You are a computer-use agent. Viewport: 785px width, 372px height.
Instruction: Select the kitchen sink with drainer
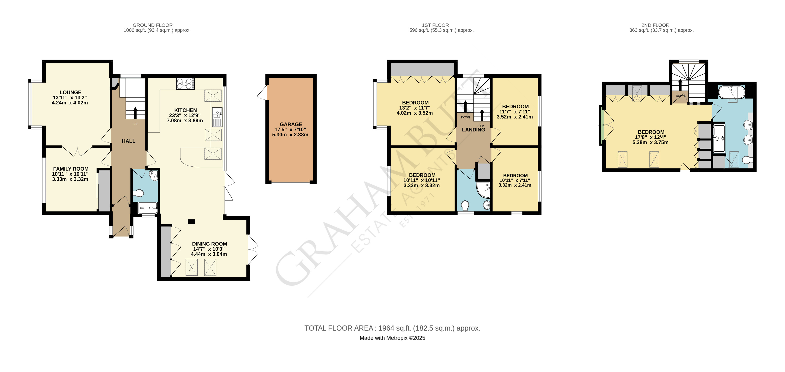[x=217, y=117]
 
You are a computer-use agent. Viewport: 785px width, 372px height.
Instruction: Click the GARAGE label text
[x=291, y=124]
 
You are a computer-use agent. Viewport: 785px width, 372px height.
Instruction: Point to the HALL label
[x=128, y=141]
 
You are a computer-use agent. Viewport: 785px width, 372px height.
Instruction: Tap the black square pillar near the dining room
[x=191, y=222]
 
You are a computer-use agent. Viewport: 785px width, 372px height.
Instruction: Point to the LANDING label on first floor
[x=473, y=130]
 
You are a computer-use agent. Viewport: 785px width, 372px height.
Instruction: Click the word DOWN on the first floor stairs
[x=465, y=117]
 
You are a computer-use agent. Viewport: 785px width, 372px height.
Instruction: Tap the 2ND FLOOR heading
[x=655, y=25]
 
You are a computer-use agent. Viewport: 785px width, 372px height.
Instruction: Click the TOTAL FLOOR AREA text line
[x=392, y=328]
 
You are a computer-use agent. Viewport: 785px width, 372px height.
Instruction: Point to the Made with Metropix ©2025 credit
[x=392, y=338]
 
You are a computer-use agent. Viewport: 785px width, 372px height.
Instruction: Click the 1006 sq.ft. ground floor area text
[x=157, y=30]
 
